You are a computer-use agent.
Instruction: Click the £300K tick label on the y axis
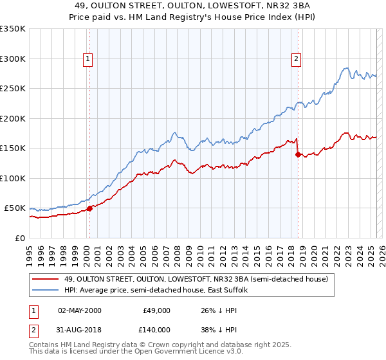[12, 59]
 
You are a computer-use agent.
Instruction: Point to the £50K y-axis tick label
[14, 208]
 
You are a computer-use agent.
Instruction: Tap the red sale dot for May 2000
[90, 208]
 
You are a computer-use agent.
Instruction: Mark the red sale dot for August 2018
[297, 154]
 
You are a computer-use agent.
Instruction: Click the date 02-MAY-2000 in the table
[79, 310]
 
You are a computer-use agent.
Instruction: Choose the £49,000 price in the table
[156, 310]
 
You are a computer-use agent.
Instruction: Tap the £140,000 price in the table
[156, 329]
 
